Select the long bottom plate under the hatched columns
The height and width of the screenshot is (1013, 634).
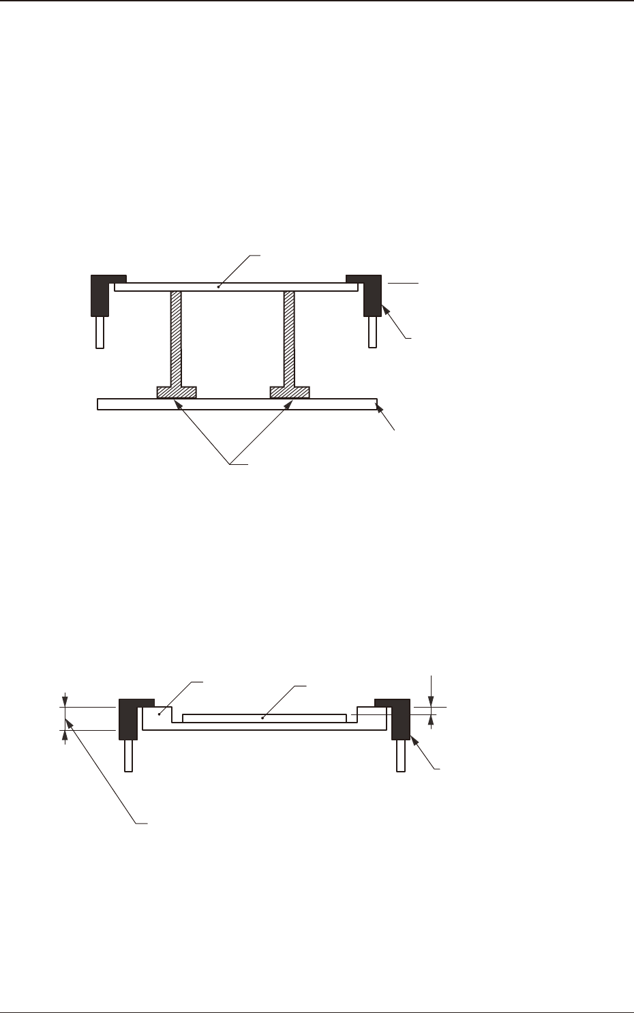point(237,404)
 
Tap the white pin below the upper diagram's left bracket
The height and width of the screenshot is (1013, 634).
point(100,332)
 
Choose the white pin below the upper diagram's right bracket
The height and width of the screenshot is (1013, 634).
point(372,332)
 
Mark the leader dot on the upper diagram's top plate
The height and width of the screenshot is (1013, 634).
point(218,287)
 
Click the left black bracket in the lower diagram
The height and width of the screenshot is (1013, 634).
point(128,720)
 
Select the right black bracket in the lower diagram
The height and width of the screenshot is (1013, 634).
point(399,720)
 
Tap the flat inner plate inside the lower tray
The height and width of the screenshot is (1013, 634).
point(265,718)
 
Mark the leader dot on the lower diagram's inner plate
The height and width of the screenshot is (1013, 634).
point(262,718)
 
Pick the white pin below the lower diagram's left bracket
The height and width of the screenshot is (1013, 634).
point(128,755)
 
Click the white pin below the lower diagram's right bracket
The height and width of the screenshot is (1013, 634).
point(400,755)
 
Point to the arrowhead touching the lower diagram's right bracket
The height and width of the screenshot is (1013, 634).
point(413,742)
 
